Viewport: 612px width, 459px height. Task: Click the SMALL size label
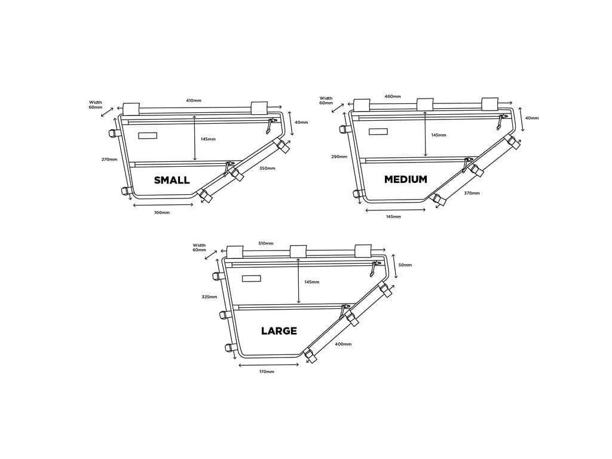click(x=172, y=180)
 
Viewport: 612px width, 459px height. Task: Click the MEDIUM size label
click(x=406, y=179)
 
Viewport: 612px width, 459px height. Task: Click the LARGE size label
click(x=279, y=331)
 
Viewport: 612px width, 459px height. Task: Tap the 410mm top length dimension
click(x=194, y=100)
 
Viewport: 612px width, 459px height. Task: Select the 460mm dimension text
click(x=393, y=96)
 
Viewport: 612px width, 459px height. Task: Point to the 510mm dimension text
click(x=266, y=243)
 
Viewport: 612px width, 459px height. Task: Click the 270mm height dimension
click(x=109, y=159)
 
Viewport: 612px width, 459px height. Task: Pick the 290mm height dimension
click(x=339, y=157)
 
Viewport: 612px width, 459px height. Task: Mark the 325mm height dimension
click(x=209, y=297)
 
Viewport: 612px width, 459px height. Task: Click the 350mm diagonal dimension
click(x=267, y=169)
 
